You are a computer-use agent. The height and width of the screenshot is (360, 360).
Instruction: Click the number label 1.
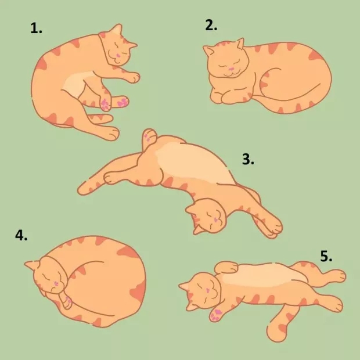36,28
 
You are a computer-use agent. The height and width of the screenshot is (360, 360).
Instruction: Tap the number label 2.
211,25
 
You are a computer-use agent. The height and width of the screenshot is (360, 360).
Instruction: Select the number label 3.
248,159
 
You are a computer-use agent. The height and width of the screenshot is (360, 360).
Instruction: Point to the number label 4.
21,235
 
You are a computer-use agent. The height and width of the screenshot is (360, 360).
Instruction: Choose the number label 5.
326,257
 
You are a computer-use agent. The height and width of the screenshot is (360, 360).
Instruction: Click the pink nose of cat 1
118,55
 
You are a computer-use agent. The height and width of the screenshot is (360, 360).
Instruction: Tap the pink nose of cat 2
231,69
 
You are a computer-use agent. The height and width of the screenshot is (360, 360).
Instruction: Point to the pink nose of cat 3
215,220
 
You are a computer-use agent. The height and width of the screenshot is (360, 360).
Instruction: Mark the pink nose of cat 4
56,283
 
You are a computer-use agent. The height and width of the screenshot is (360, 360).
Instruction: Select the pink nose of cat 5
208,290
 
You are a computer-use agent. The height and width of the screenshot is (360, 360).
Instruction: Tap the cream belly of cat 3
195,163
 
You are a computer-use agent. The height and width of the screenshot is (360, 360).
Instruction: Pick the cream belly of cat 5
262,275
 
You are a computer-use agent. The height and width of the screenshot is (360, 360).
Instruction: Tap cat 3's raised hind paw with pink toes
149,137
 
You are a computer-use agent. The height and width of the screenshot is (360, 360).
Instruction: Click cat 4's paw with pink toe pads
67,301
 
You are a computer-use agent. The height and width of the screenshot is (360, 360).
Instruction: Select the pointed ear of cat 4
32,265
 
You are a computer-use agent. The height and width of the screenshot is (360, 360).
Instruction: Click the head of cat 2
227,60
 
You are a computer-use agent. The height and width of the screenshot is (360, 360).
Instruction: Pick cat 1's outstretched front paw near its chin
133,77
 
